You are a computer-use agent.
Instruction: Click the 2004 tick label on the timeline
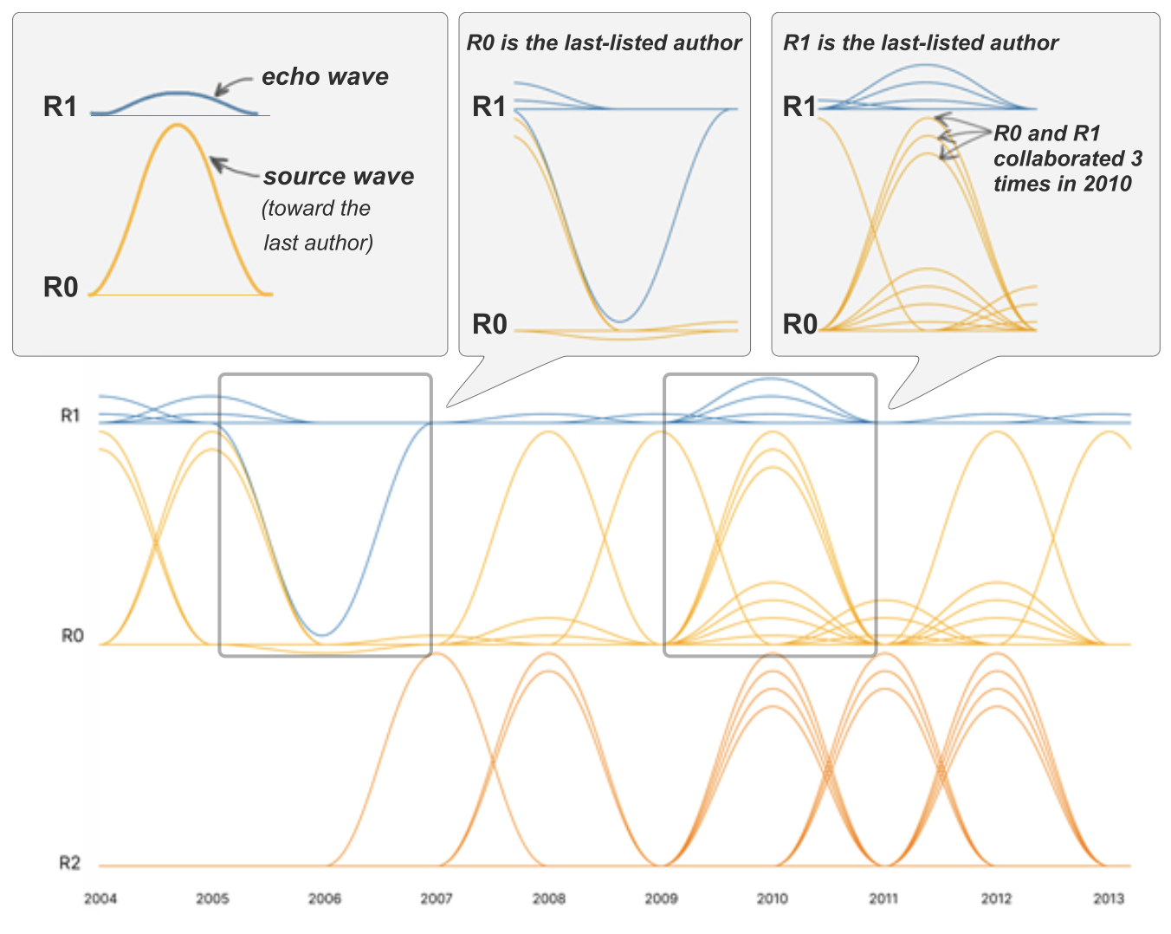tap(100, 898)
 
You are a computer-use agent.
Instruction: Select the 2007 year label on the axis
tap(437, 898)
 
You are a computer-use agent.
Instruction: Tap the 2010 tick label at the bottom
tap(773, 898)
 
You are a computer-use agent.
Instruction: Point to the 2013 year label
tap(1109, 898)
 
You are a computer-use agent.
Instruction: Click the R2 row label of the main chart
tap(70, 863)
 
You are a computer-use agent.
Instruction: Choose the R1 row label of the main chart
tap(70, 416)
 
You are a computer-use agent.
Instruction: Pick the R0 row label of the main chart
tap(72, 636)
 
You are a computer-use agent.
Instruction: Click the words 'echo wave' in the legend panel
tap(325, 77)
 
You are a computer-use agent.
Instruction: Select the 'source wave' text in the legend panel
tap(339, 177)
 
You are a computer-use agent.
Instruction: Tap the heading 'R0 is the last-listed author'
tap(604, 43)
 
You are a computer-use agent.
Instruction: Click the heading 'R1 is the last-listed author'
tap(921, 43)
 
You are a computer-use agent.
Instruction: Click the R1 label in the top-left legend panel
tap(61, 107)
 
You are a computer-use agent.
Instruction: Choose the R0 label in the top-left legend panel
tap(61, 288)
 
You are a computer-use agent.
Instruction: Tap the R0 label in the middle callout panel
tap(489, 325)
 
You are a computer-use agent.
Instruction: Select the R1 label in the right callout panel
tap(799, 107)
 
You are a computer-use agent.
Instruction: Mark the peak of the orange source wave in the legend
tap(178, 126)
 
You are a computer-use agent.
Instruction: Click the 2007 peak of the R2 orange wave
tap(437, 653)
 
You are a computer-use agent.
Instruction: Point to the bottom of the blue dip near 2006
tap(322, 635)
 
